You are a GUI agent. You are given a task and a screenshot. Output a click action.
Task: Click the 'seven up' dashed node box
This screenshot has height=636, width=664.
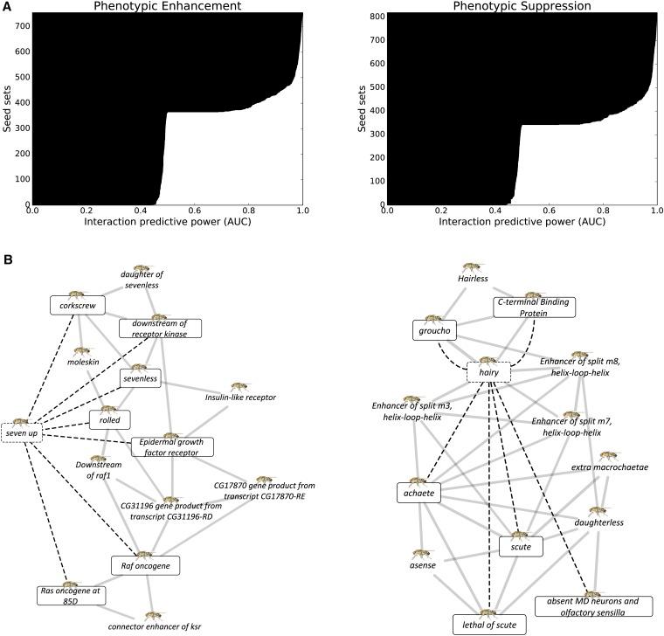pyautogui.click(x=23, y=432)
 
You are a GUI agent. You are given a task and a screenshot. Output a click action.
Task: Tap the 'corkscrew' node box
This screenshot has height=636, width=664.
pyautogui.click(x=78, y=305)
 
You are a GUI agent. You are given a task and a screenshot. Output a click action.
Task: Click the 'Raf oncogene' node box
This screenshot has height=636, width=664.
pyautogui.click(x=145, y=565)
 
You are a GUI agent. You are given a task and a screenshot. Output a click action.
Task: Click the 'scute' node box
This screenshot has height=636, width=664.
pyautogui.click(x=521, y=544)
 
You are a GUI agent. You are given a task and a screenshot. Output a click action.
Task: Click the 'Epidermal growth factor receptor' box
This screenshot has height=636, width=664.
pyautogui.click(x=171, y=447)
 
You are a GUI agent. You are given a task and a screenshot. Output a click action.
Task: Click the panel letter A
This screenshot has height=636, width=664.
pyautogui.click(x=8, y=6)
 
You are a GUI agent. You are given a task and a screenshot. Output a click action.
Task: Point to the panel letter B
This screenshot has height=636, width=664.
pyautogui.click(x=8, y=261)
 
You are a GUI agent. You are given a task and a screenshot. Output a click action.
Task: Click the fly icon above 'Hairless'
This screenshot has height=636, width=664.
pyautogui.click(x=472, y=266)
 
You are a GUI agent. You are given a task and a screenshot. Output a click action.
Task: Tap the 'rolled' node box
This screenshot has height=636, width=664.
pyautogui.click(x=109, y=420)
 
